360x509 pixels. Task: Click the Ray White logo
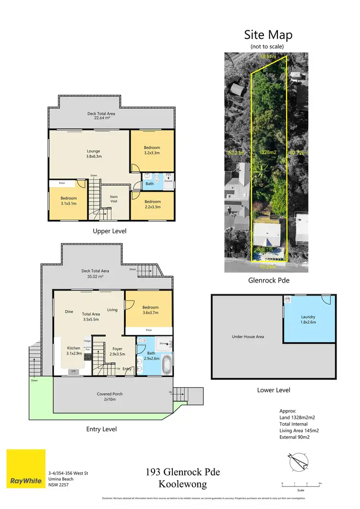tap(26, 468)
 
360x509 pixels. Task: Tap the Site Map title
tap(268, 35)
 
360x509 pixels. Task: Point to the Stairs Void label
tap(113, 199)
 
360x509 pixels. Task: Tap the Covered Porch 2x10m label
tap(110, 397)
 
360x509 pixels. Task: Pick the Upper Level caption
tap(110, 231)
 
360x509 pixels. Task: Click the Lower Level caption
tap(273, 390)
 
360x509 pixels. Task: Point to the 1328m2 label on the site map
tap(267, 153)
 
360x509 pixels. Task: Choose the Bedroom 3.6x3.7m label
tap(150, 310)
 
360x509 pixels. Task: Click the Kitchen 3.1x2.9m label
tap(74, 351)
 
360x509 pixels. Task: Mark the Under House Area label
tap(248, 337)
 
